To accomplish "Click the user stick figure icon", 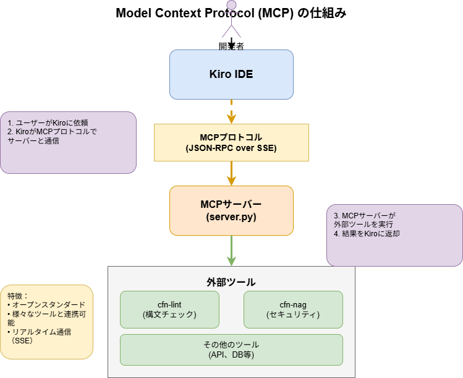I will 231,19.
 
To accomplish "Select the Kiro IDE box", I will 231,74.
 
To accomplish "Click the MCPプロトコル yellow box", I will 231,142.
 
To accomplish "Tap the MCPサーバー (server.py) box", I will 231,210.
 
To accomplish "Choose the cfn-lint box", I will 169,309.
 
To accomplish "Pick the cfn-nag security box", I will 293,309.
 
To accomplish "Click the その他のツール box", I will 231,350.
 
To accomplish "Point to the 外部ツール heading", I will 231,282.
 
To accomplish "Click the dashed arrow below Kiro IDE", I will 231,111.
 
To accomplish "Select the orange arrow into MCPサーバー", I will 231,173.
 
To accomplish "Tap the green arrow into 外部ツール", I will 231,251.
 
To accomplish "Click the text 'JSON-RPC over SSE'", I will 231,148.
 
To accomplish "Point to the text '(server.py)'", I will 231,217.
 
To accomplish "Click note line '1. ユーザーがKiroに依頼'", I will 48,122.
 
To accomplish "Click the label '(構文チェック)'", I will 169,314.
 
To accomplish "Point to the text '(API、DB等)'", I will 231,355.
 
